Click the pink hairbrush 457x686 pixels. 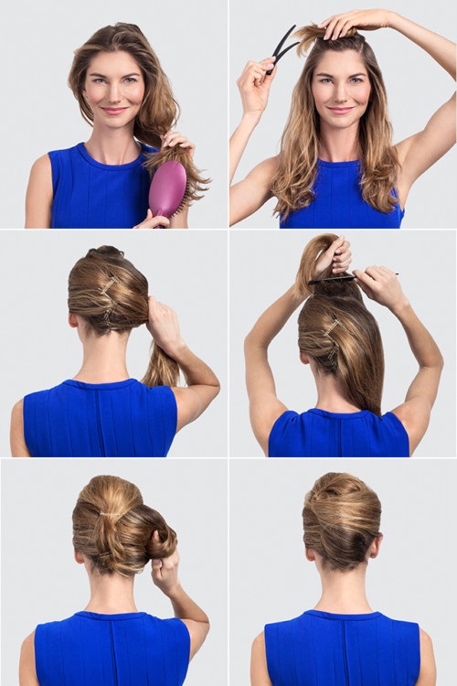tap(167, 188)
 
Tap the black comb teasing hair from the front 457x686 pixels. tap(282, 48)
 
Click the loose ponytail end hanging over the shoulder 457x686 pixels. tap(161, 367)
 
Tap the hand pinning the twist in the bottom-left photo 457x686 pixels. tap(166, 572)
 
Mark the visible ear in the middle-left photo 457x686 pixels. tap(73, 321)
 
